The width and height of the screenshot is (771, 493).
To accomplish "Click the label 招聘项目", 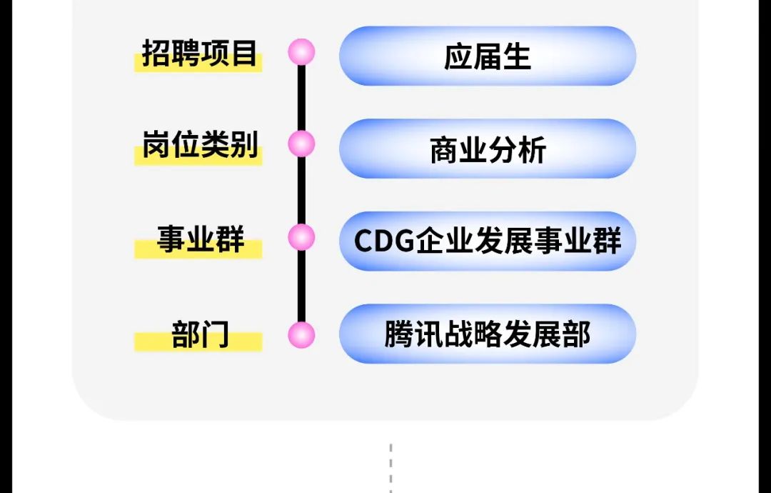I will tap(199, 54).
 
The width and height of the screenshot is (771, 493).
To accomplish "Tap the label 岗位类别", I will tap(199, 146).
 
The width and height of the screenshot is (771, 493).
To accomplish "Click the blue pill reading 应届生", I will tap(488, 56).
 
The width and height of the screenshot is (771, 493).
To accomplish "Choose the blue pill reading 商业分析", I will tap(488, 149).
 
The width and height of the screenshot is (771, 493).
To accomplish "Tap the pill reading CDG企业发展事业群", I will tap(488, 241).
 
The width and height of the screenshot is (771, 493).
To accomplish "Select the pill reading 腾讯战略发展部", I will tap(488, 334).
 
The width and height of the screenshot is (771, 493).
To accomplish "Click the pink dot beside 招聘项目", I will tap(301, 52).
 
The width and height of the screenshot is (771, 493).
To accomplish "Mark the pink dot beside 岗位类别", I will tap(301, 144).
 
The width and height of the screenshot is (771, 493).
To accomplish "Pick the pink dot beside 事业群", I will tap(301, 237).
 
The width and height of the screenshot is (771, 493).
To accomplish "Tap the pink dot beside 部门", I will tap(301, 335).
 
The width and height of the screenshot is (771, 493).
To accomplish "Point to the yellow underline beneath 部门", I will tap(198, 343).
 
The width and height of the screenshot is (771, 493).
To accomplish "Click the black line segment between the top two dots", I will tap(301, 98).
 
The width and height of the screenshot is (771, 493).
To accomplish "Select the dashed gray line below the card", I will tap(391, 468).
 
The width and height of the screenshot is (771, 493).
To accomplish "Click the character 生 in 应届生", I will tap(517, 56).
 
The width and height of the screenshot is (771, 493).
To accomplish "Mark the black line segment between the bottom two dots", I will tap(301, 286).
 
